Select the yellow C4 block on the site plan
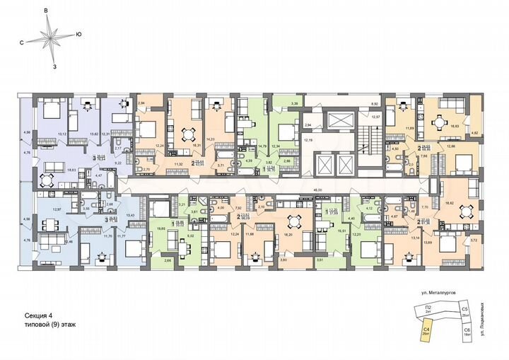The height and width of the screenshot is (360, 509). tap(427, 328)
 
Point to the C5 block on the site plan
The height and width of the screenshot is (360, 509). tap(465, 310)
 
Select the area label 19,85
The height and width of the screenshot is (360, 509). tap(160, 229)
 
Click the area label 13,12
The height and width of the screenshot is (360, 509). tap(62, 134)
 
